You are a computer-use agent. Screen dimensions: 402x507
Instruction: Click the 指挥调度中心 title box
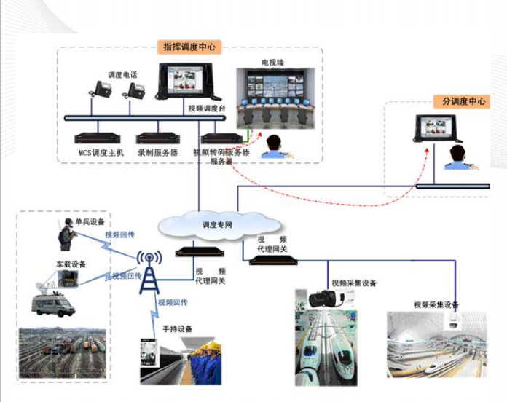pyautogui.click(x=189, y=47)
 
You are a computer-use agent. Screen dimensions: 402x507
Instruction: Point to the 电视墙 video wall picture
pyautogui.click(x=274, y=97)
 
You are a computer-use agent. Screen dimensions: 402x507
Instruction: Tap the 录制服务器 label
pyautogui.click(x=157, y=153)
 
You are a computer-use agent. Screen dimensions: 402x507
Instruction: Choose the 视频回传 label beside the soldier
pyautogui.click(x=118, y=234)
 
